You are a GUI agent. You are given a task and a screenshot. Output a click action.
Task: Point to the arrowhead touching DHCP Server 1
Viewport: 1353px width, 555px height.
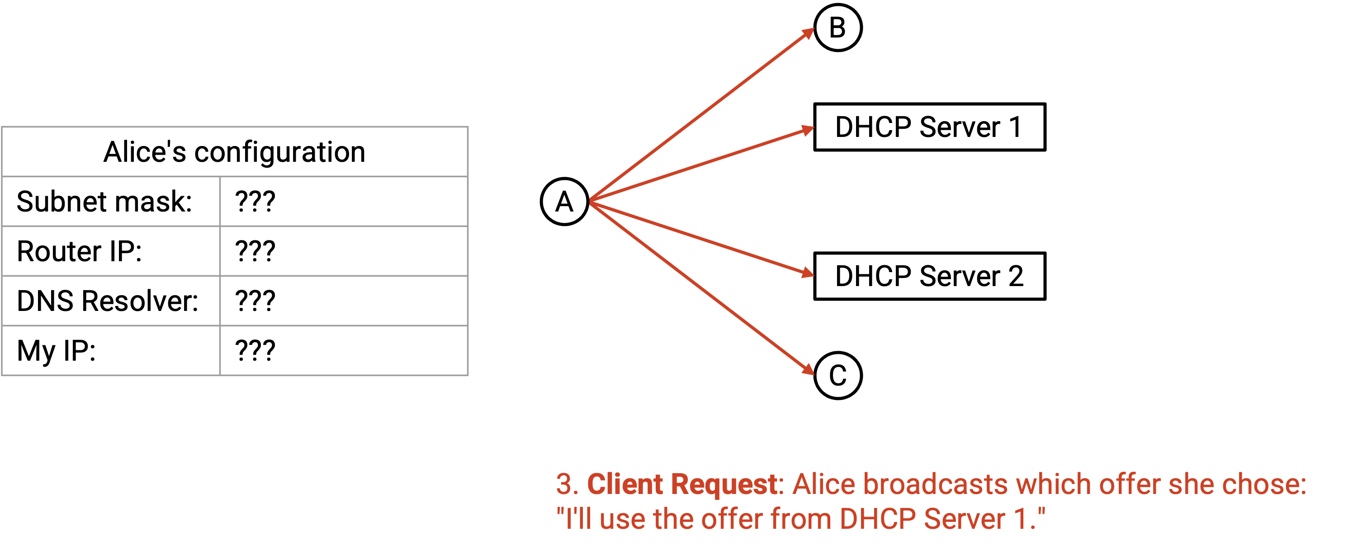[x=808, y=130]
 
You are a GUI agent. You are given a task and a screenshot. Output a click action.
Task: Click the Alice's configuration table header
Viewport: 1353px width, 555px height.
[x=234, y=152]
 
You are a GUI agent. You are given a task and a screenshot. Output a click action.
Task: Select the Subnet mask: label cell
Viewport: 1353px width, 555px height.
[x=111, y=202]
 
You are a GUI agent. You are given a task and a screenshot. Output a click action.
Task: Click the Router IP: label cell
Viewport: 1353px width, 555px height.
[x=111, y=251]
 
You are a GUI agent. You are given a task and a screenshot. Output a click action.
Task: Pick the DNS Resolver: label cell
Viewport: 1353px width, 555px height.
[x=111, y=301]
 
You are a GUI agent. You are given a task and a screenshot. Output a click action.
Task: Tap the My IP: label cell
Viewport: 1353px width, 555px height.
[x=111, y=350]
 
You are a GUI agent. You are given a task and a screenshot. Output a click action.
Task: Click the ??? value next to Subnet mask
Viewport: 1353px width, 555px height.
[x=255, y=202]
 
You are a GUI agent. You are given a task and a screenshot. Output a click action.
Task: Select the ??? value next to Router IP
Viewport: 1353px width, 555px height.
[x=255, y=251]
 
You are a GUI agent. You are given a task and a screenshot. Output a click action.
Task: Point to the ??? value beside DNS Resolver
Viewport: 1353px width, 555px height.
[x=255, y=301]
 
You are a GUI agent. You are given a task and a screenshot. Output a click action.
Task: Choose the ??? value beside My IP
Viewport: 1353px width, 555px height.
[x=255, y=350]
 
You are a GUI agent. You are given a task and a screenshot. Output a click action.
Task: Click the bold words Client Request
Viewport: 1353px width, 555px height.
[x=682, y=484]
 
